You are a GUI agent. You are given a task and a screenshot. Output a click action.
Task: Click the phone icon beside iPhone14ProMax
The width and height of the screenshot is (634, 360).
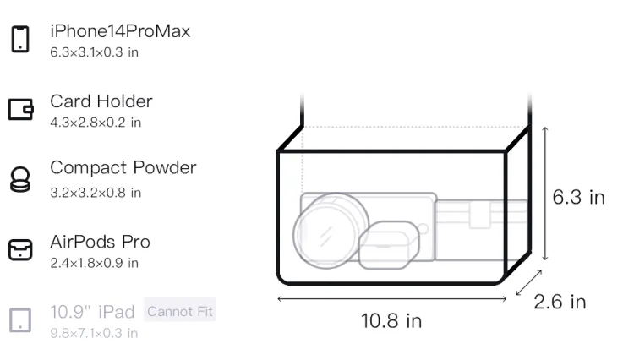point(20,39)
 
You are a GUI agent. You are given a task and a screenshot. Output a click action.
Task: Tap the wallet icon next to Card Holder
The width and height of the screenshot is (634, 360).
point(20,109)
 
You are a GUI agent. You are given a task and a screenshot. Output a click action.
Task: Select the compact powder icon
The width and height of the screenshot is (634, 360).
point(20,179)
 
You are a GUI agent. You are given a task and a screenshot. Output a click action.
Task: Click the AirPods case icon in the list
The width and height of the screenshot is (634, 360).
point(20,249)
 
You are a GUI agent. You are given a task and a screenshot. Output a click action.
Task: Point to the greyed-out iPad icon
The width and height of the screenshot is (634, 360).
point(20,320)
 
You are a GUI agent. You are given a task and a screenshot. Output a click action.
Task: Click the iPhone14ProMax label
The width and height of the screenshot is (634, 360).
point(120,31)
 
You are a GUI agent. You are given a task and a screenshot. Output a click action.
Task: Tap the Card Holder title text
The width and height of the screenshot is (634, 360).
point(101,101)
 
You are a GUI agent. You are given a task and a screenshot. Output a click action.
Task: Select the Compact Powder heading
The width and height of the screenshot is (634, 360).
point(123,168)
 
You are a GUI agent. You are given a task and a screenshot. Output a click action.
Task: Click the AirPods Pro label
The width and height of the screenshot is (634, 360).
point(101,242)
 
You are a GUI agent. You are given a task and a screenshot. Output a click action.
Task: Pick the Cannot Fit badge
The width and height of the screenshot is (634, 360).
point(180,311)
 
